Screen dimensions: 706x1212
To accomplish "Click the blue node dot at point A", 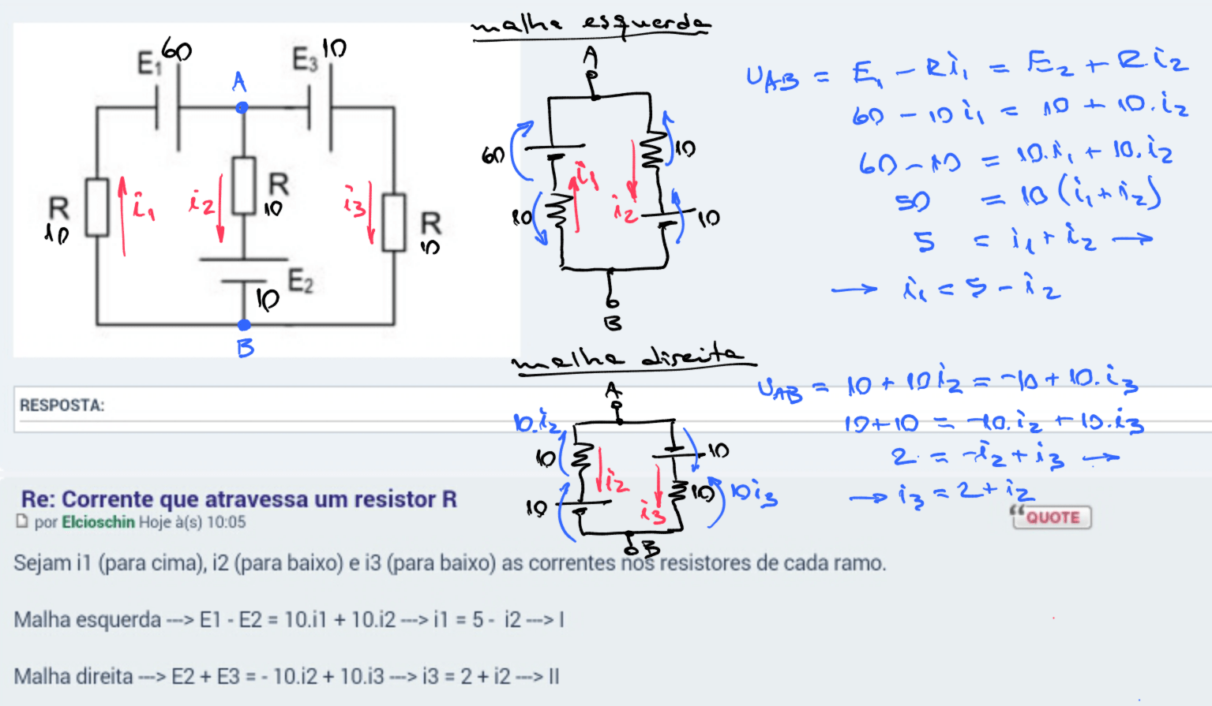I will point(242,107).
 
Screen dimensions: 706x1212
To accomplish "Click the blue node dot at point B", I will point(244,325).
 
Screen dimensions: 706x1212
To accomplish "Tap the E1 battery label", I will point(148,63).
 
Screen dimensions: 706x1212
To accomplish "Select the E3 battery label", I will point(305,59).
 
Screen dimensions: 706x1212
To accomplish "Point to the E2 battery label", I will point(300,281).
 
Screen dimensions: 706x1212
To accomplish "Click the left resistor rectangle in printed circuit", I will point(97,207).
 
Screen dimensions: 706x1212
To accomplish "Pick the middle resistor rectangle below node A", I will point(244,186).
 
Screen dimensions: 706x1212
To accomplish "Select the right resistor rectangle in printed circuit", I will point(393,222).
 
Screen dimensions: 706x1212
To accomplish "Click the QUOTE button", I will point(1053,517).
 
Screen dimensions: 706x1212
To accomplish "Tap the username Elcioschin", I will point(98,522).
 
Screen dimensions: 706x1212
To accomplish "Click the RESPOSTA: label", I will point(62,405).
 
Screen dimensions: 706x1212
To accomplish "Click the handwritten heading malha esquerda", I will point(591,25).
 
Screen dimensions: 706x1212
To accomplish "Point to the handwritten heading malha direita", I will point(632,359).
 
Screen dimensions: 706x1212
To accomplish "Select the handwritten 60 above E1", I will point(176,51).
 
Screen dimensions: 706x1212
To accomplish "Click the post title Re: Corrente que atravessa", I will point(238,499).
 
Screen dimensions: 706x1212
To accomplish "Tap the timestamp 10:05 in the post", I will point(226,522).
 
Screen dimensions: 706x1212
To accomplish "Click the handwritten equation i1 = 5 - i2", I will point(981,289).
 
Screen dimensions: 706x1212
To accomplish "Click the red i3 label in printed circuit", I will point(355,202).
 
